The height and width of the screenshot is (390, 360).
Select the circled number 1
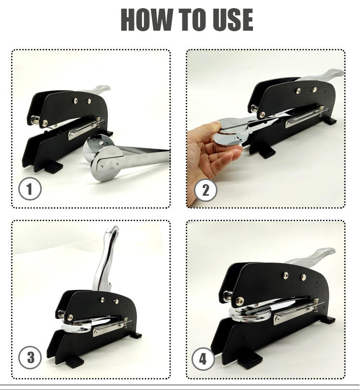click(x=30, y=189)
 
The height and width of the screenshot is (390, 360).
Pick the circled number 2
click(x=205, y=190)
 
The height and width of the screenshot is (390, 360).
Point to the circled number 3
click(x=30, y=358)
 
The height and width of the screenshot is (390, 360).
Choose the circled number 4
click(x=203, y=359)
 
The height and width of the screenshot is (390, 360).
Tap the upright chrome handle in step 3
click(x=106, y=259)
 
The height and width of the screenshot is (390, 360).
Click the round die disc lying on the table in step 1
click(x=107, y=163)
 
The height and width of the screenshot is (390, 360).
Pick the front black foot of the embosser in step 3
click(x=75, y=362)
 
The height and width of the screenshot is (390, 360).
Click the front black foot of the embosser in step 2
click(x=267, y=152)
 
